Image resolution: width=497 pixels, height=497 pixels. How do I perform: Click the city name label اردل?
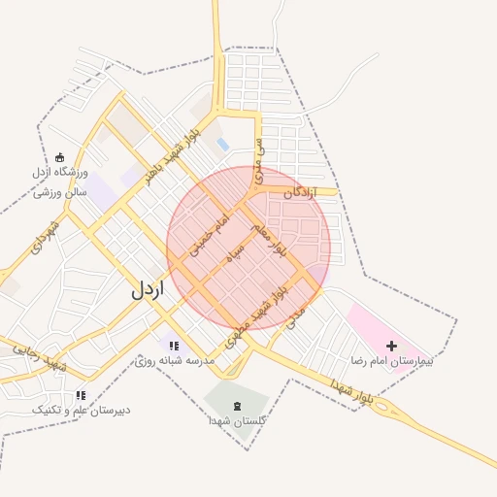pyautogui.click(x=148, y=289)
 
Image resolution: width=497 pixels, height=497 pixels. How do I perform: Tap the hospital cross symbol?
pyautogui.click(x=391, y=346)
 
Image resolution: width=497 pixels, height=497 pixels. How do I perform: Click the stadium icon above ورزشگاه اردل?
pyautogui.click(x=60, y=158)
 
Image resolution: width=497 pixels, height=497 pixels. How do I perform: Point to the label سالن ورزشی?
pyautogui.click(x=61, y=191)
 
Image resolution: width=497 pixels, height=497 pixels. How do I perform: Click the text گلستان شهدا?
pyautogui.click(x=238, y=421)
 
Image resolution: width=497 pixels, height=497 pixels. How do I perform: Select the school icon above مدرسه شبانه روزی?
pyautogui.click(x=174, y=346)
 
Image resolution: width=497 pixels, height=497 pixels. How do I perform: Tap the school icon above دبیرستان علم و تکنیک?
pyautogui.click(x=81, y=395)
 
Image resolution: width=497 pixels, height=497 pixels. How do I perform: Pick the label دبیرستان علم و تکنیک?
pyautogui.click(x=82, y=411)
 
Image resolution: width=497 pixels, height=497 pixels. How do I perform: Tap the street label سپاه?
pyautogui.click(x=237, y=256)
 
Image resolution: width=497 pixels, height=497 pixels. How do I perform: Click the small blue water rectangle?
pyautogui.click(x=223, y=146)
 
